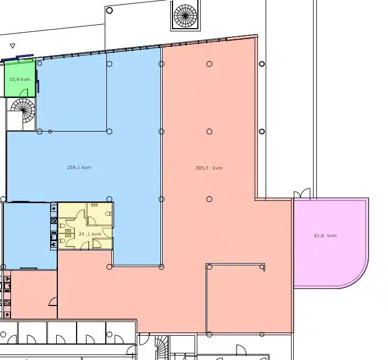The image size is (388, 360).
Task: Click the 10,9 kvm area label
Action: point(20,79)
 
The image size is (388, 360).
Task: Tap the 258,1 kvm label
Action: point(79,167)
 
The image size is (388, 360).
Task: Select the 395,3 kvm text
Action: point(209,168)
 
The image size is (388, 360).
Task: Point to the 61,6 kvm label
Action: point(325,236)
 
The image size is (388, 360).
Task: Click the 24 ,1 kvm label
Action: point(90,234)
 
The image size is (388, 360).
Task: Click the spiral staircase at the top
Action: point(185,16)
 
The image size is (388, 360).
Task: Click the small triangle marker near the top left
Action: point(12,46)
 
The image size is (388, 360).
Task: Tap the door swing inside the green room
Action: point(24,92)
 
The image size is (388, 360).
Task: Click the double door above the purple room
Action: point(302,193)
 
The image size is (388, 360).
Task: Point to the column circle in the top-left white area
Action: point(109,10)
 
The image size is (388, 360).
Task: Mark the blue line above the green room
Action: point(17,57)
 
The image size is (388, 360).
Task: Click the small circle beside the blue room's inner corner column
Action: point(50,132)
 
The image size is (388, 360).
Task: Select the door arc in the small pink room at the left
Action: point(53,302)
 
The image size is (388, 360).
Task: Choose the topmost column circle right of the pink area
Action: point(262,64)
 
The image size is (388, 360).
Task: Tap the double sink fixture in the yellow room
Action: point(68,233)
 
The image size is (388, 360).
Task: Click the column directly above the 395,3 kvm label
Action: point(209,132)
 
